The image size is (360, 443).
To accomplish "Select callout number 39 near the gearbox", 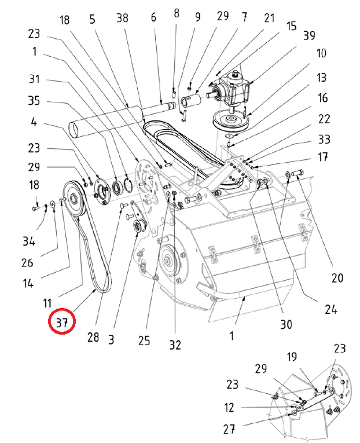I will point(309,36).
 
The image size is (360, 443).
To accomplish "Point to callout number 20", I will point(337,277).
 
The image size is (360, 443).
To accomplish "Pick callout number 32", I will point(175,345).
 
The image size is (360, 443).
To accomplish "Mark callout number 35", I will point(34,101).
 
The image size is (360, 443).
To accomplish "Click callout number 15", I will point(291,26).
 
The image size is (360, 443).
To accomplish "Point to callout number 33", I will point(324,139).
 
